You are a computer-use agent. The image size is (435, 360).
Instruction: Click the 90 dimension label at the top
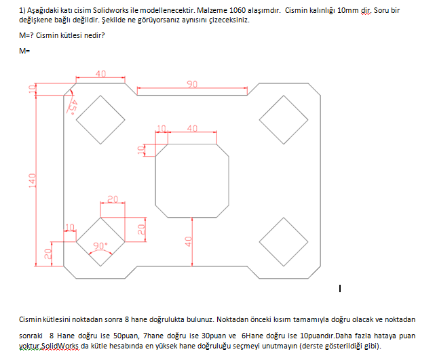(192, 84)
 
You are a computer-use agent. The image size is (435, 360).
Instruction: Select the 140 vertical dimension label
(33, 180)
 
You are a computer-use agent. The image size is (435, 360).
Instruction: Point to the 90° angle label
(100, 245)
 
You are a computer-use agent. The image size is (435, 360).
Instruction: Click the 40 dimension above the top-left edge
(100, 74)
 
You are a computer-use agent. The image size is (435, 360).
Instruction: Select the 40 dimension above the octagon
(192, 128)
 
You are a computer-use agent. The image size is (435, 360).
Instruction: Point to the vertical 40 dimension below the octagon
(189, 241)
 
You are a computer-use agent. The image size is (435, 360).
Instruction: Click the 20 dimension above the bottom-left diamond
(113, 199)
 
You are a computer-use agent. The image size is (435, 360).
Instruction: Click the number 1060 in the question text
(238, 11)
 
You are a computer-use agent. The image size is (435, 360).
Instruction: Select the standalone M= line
(24, 51)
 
